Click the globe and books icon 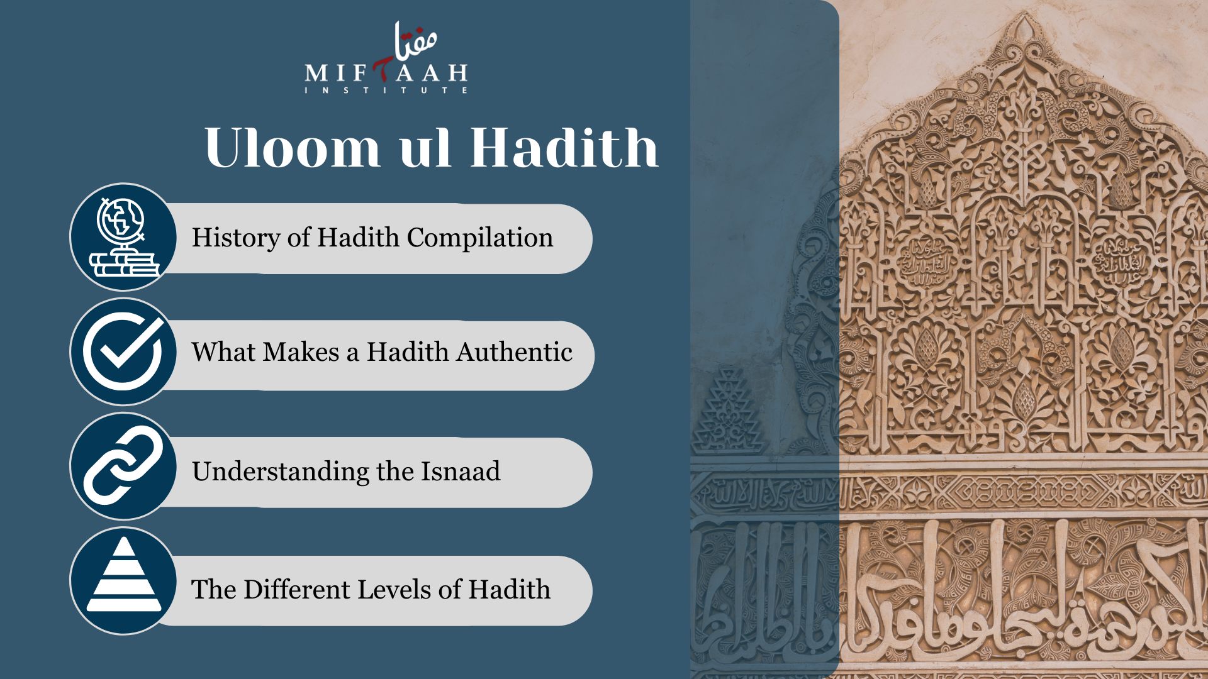tap(123, 238)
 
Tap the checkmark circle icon tap(123, 352)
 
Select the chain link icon tap(123, 466)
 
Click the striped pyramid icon tap(123, 580)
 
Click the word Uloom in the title tap(293, 148)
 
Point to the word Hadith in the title tap(564, 148)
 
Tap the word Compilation tap(480, 238)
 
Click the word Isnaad tap(461, 472)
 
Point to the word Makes tap(301, 352)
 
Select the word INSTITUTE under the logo tap(386, 91)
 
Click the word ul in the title tap(425, 148)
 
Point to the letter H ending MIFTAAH tap(457, 73)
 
